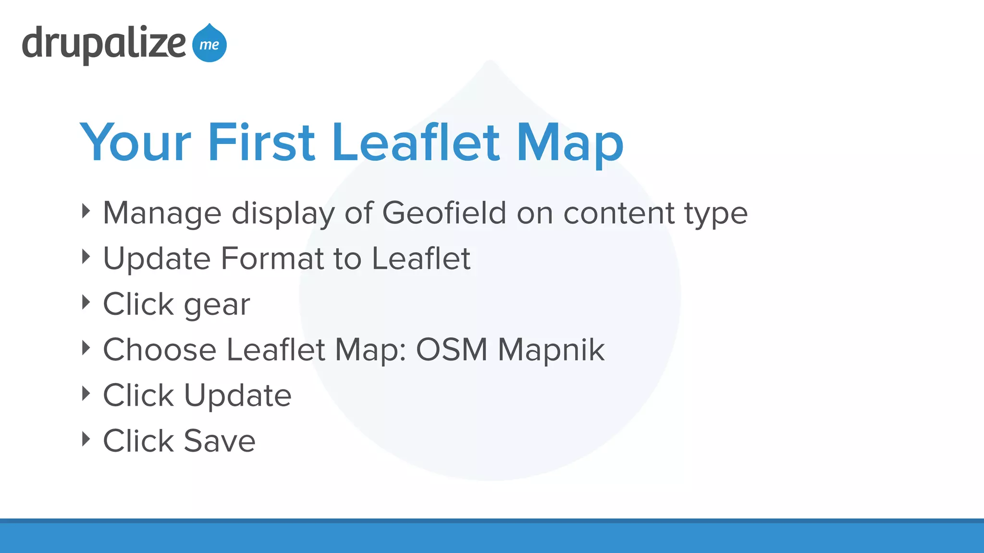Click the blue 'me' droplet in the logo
[x=209, y=44]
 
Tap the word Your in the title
[x=135, y=143]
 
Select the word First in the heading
[x=261, y=143]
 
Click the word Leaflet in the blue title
[x=416, y=143]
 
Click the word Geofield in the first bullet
[x=444, y=213]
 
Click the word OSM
[x=452, y=349]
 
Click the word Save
[x=220, y=441]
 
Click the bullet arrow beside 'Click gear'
[x=86, y=302]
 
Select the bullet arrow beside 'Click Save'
[x=86, y=439]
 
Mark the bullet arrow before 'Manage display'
[x=86, y=211]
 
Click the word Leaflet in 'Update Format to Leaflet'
[x=421, y=259]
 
